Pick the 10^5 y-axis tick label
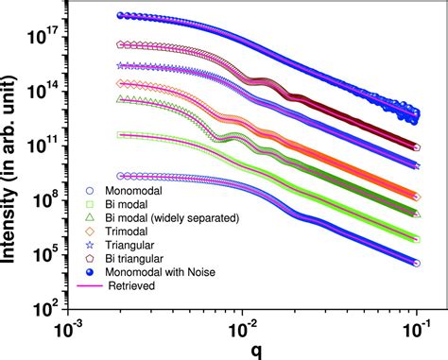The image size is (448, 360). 47,255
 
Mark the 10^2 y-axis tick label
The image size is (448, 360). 47,311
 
